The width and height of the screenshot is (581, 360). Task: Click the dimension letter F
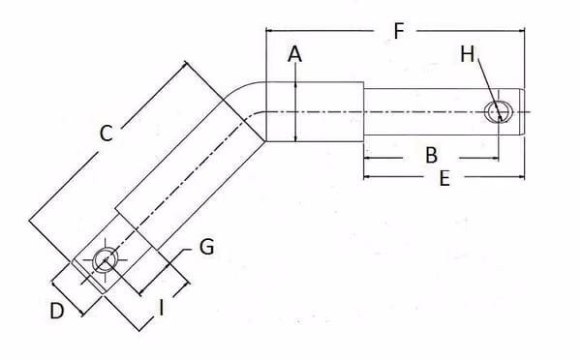pos(399,31)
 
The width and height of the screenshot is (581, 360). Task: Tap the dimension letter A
pos(295,54)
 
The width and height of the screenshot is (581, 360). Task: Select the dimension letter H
pos(468,54)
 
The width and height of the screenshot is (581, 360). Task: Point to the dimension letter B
pos(431,155)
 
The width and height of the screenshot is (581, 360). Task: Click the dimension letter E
pos(444,178)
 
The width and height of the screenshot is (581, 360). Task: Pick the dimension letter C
pos(106,134)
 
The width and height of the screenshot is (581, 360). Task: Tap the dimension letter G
pos(207,247)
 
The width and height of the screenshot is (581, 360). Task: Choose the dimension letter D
pos(57,311)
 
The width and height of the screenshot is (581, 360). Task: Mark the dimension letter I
pos(161,308)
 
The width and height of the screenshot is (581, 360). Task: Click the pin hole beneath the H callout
pos(500,112)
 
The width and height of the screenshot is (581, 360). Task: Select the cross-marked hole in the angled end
pos(106,260)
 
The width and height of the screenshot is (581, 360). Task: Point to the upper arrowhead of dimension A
pos(295,85)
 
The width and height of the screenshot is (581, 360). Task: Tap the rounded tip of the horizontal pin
pos(522,112)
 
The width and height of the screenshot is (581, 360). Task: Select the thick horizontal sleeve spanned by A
pos(315,112)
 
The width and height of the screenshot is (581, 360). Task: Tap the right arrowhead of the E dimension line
pos(521,177)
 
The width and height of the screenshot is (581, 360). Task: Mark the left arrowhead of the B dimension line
pos(368,158)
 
